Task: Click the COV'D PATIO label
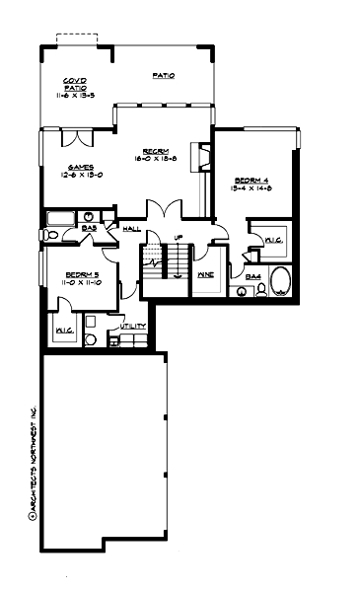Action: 74,83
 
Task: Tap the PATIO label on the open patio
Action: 164,75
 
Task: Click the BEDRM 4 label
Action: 248,180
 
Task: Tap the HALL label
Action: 131,229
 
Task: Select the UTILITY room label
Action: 133,326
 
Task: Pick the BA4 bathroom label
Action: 252,277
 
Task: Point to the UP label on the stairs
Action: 178,238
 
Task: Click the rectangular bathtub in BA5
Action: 60,218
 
